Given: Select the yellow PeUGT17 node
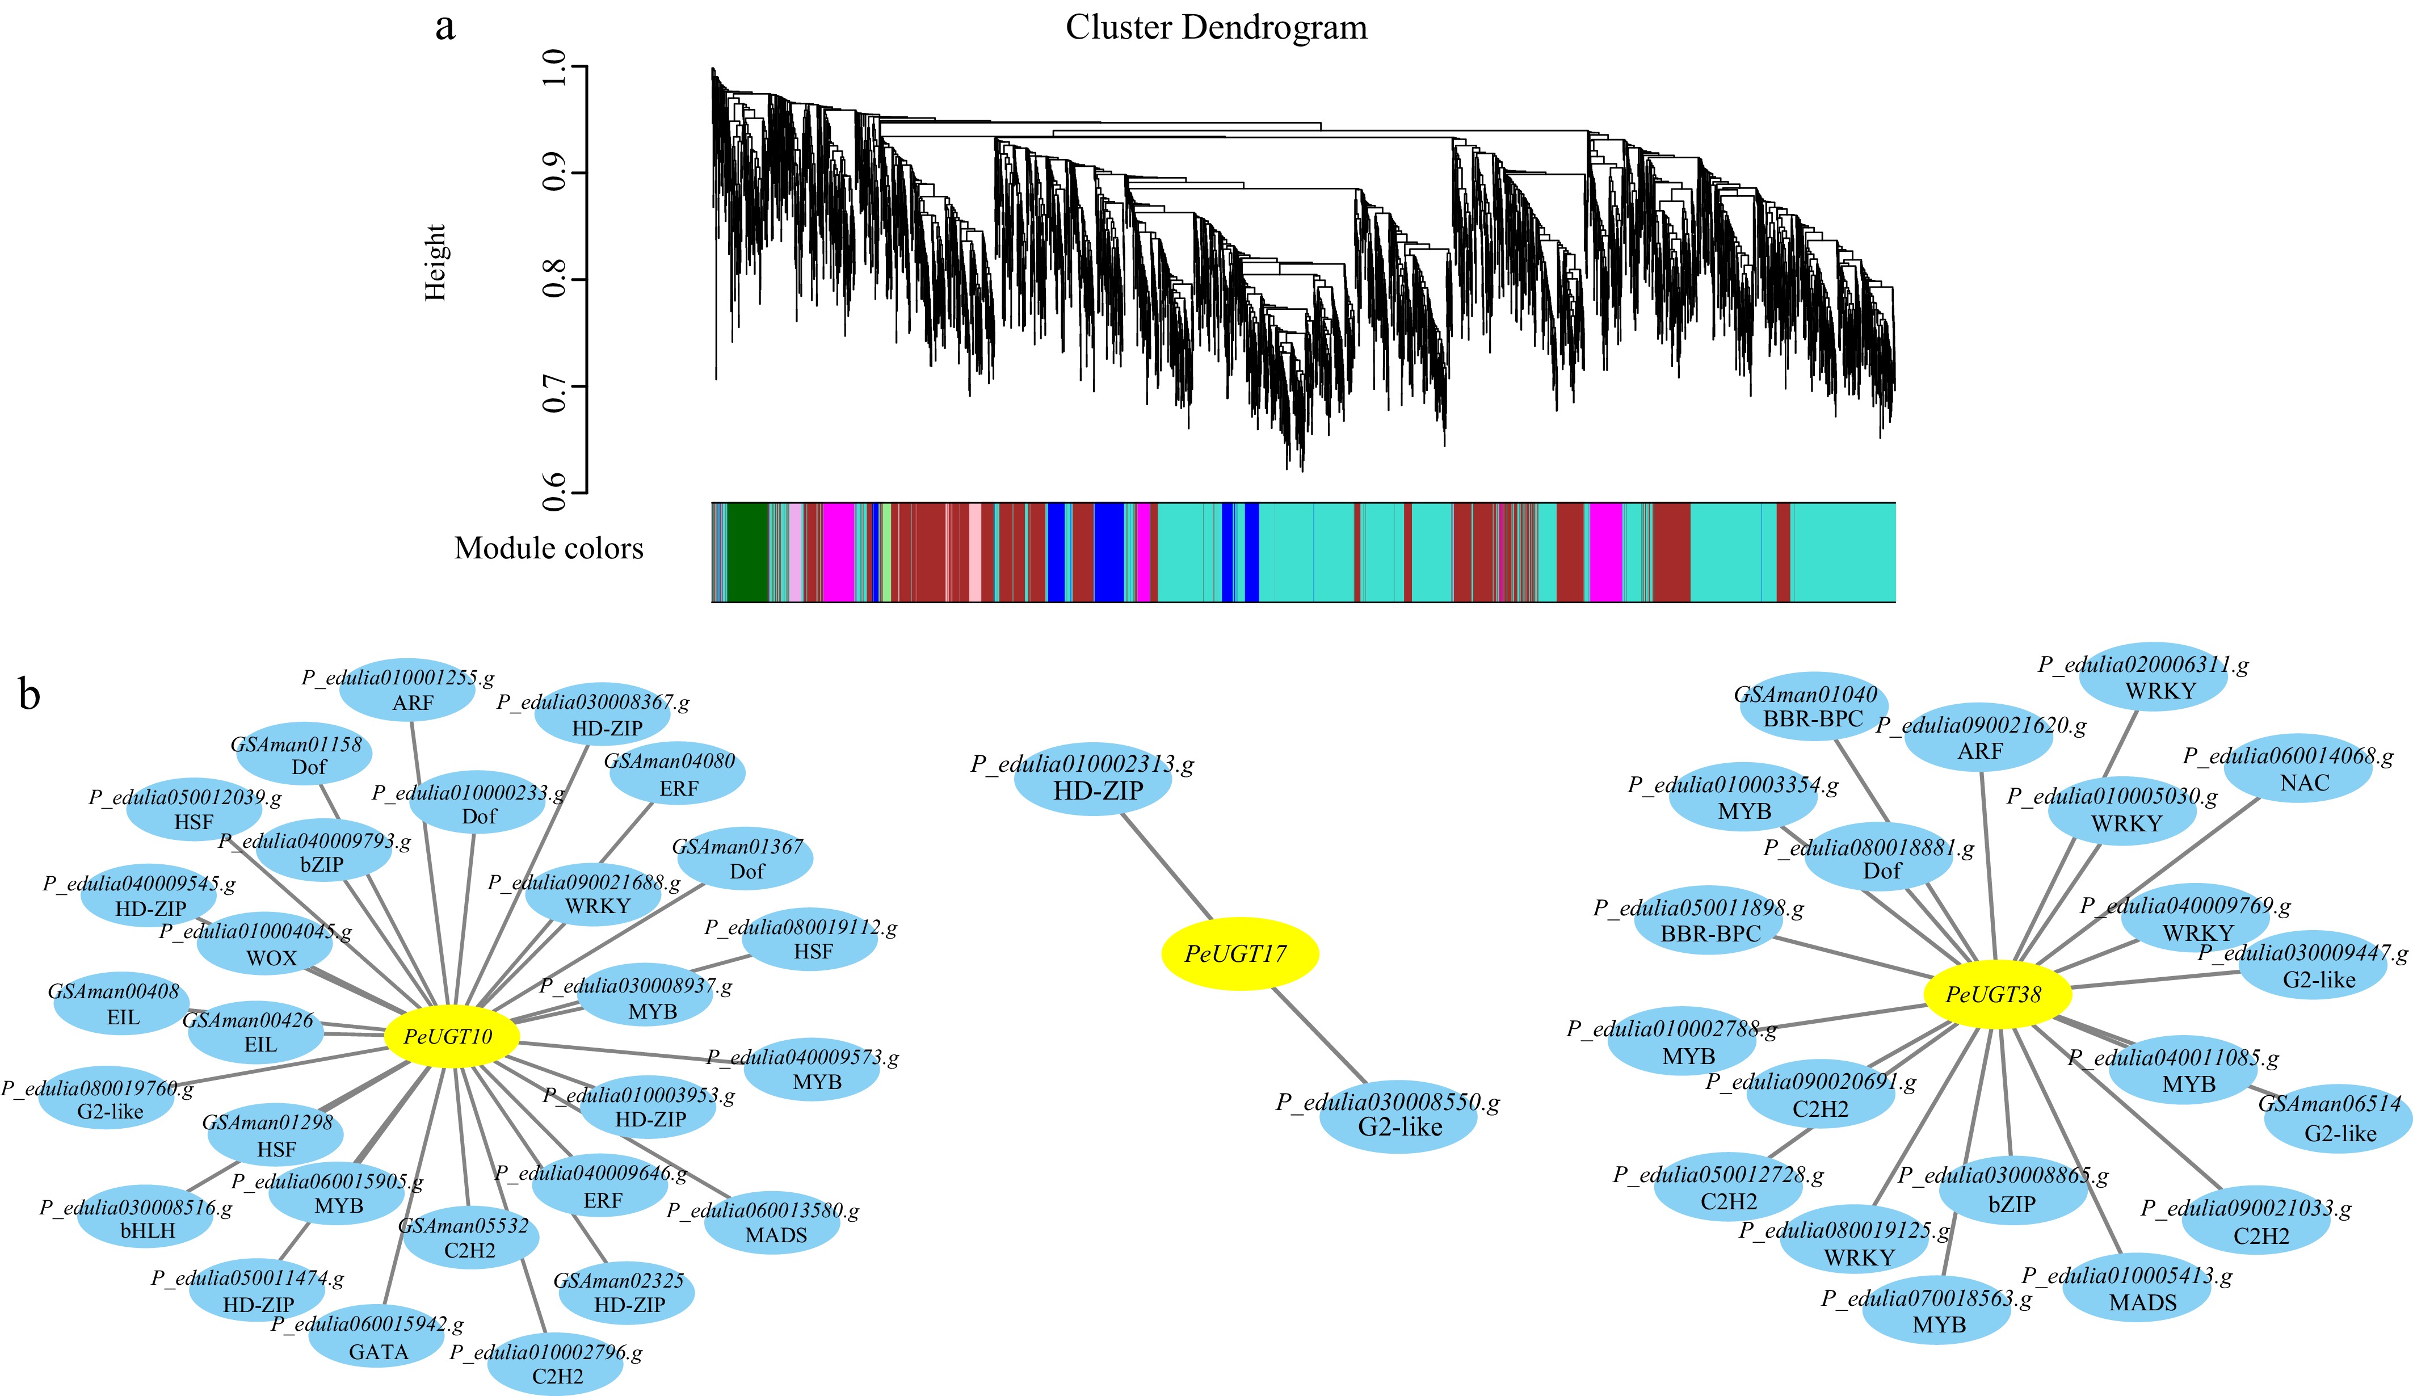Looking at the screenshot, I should point(1239,953).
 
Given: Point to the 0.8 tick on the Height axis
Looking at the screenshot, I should point(553,280).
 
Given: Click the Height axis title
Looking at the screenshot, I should point(436,263).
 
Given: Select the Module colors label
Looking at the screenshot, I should point(549,549).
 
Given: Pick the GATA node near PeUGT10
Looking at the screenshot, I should point(377,1339).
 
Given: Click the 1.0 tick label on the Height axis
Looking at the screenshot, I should point(553,67).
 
